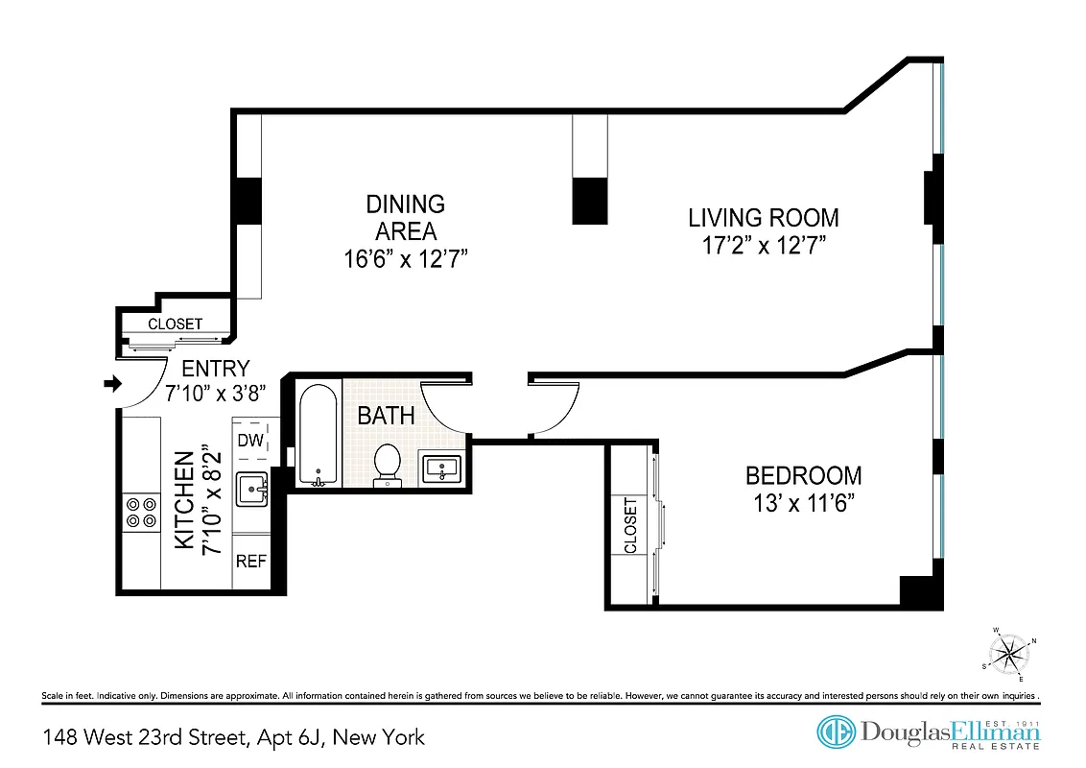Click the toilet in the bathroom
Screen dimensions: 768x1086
389,462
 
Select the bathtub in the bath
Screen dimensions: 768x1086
317,435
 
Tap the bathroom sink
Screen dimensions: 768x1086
440,468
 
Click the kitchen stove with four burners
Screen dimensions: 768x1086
140,511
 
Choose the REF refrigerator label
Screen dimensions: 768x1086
251,562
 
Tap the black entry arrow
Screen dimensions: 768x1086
112,384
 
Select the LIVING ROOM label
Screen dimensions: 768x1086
764,217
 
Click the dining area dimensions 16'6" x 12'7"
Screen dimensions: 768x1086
406,258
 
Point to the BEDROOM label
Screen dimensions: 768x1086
804,475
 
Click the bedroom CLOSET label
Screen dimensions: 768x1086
630,525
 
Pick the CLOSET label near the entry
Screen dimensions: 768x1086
175,324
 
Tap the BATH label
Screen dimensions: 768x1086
386,416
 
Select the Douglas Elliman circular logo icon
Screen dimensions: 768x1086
835,732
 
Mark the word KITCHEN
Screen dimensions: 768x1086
184,500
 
